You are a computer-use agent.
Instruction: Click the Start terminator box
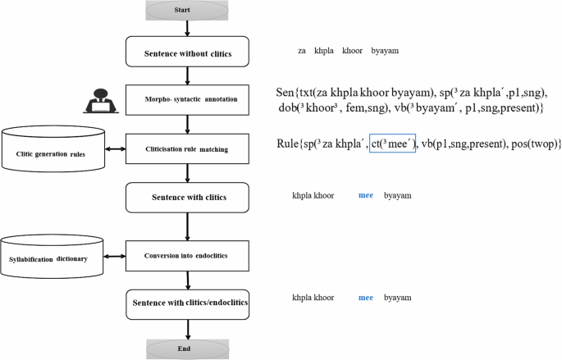pos(189,10)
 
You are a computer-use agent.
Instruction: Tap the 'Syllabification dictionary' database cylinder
pos(53,257)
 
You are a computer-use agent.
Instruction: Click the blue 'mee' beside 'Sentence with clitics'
pos(368,196)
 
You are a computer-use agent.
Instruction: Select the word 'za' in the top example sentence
pos(302,51)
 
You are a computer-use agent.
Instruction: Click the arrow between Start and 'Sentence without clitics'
pos(189,28)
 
